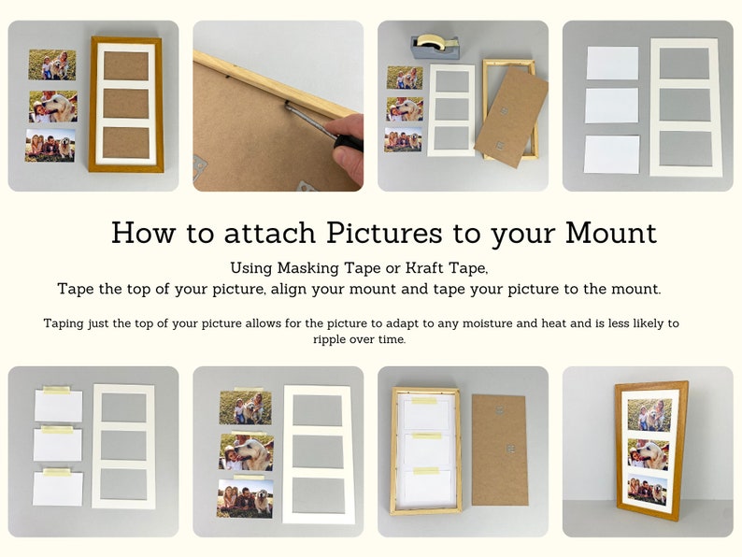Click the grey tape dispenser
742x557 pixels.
pos(435,48)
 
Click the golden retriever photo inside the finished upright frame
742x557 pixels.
pos(647,453)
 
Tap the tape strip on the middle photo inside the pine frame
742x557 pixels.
pos(425,436)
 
